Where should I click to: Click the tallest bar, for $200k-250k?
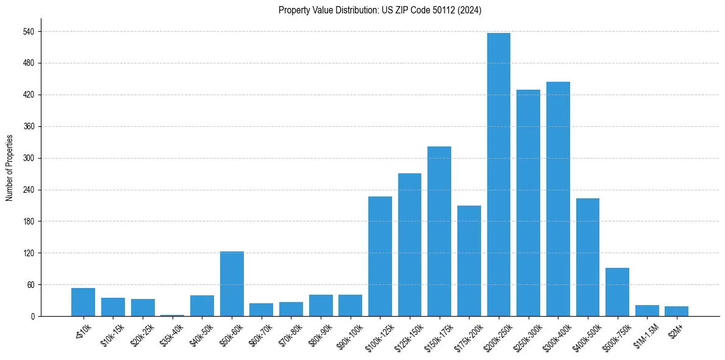click(499, 175)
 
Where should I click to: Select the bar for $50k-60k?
click(232, 284)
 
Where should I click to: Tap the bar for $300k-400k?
click(558, 199)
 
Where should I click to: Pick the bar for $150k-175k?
click(439, 231)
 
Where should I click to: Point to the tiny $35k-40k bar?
click(172, 315)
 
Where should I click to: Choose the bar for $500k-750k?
click(617, 292)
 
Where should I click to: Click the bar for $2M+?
click(676, 311)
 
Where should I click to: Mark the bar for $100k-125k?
click(380, 256)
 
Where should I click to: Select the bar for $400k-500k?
click(588, 257)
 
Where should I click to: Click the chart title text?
click(380, 10)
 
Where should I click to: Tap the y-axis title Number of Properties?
click(9, 168)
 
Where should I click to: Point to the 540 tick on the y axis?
click(29, 31)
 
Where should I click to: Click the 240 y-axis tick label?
click(29, 190)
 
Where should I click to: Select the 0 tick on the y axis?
click(32, 316)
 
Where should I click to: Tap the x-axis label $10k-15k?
click(113, 334)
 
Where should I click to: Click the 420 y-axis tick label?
click(29, 95)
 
